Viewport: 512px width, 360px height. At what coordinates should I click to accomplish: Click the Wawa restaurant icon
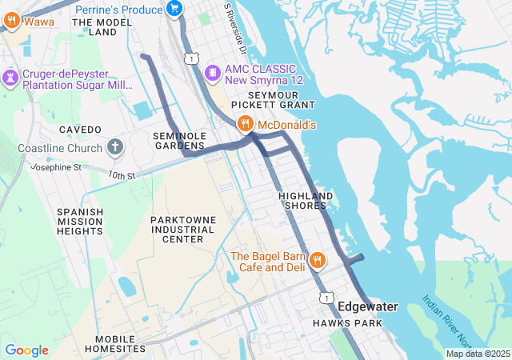[x=11, y=22]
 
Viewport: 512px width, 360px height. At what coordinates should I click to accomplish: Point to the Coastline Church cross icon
[x=116, y=148]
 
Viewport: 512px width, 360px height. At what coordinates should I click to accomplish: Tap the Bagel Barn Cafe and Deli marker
[x=318, y=260]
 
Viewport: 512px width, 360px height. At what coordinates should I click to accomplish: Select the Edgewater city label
[x=367, y=306]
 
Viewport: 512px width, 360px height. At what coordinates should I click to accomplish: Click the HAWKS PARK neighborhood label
[x=347, y=323]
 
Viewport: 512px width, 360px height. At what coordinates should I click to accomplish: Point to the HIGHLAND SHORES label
[x=306, y=201]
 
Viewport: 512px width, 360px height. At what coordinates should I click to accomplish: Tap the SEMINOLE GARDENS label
[x=180, y=141]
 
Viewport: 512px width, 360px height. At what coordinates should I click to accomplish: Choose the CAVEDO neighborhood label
[x=80, y=130]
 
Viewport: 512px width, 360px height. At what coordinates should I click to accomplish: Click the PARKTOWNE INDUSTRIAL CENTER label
[x=182, y=229]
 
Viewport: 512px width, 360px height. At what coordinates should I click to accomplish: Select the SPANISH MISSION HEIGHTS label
[x=80, y=221]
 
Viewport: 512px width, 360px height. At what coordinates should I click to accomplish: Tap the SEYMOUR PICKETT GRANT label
[x=273, y=100]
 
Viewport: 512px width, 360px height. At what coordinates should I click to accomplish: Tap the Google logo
[x=26, y=350]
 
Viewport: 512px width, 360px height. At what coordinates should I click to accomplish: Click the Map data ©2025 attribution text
[x=478, y=354]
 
